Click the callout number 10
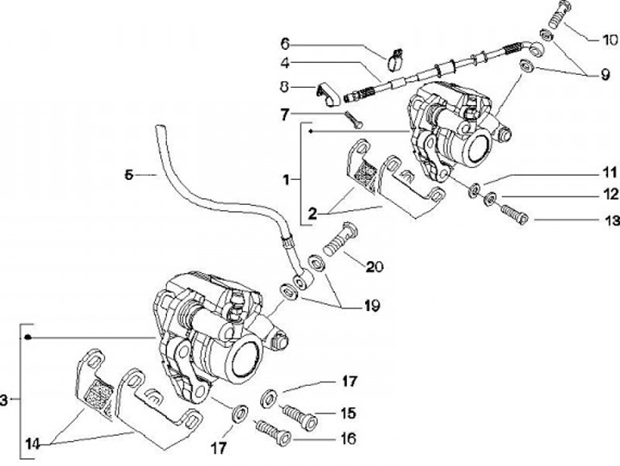(x=609, y=40)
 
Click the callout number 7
(x=286, y=114)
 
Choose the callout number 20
(x=374, y=267)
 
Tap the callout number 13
(x=609, y=221)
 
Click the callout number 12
(x=609, y=194)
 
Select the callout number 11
(x=609, y=171)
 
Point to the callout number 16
(x=349, y=438)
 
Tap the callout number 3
(x=5, y=400)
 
